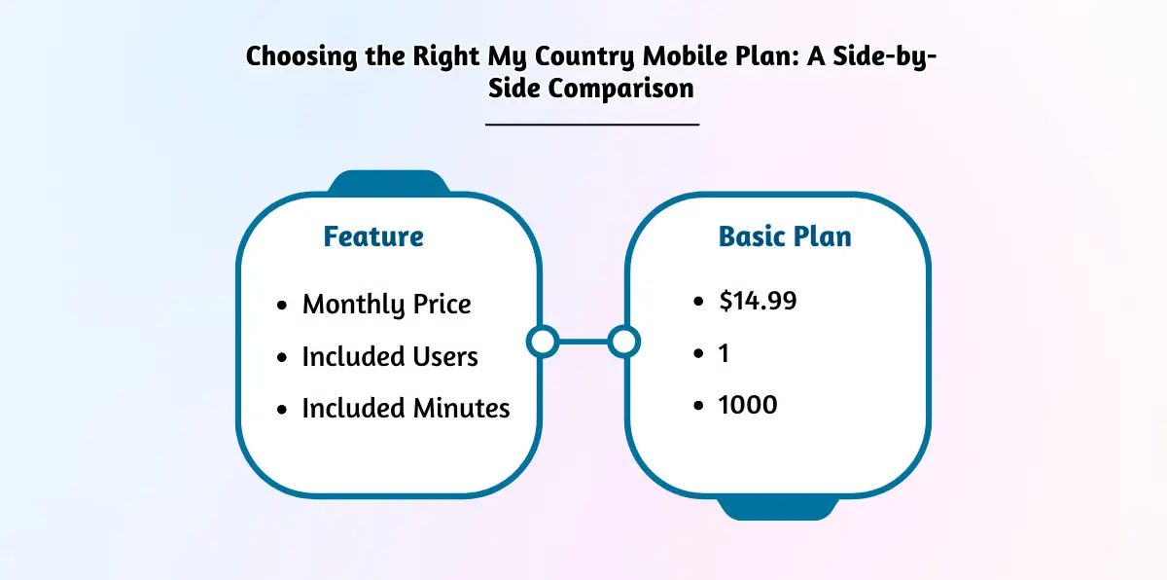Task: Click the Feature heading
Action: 373,236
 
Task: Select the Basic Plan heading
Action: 785,236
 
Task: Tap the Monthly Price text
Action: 387,305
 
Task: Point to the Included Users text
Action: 390,356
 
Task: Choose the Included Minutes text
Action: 406,408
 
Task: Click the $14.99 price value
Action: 758,301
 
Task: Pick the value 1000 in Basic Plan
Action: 748,405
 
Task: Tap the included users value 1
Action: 724,353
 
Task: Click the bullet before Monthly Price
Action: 282,305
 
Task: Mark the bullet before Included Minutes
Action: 282,409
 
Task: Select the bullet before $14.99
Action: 698,302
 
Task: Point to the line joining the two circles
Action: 583,342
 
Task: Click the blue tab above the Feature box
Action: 389,182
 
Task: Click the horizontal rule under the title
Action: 592,125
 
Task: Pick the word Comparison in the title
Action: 621,88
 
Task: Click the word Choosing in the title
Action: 301,56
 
